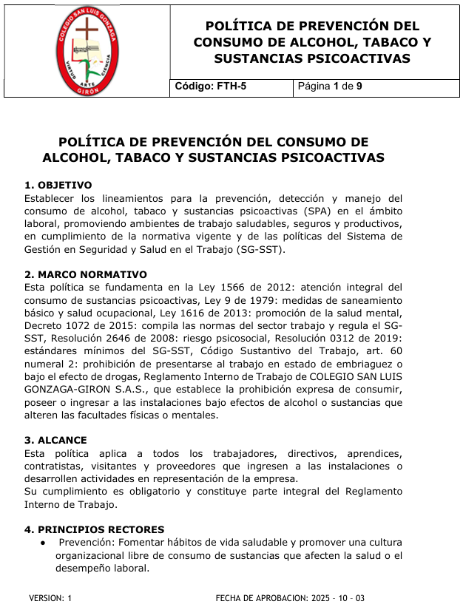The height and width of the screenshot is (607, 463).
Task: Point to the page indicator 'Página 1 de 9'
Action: (x=330, y=87)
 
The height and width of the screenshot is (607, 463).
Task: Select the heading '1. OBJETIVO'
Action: (x=58, y=185)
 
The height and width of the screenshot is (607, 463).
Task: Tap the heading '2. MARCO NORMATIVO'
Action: (x=86, y=274)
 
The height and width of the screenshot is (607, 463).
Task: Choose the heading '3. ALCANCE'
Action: (x=55, y=440)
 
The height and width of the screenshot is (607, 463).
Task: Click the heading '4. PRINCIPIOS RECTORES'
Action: (x=94, y=529)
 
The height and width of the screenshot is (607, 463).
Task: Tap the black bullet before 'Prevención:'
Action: (x=45, y=543)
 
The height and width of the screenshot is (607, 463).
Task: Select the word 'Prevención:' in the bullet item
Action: (x=83, y=543)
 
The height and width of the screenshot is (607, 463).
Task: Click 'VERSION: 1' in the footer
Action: (x=50, y=597)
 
